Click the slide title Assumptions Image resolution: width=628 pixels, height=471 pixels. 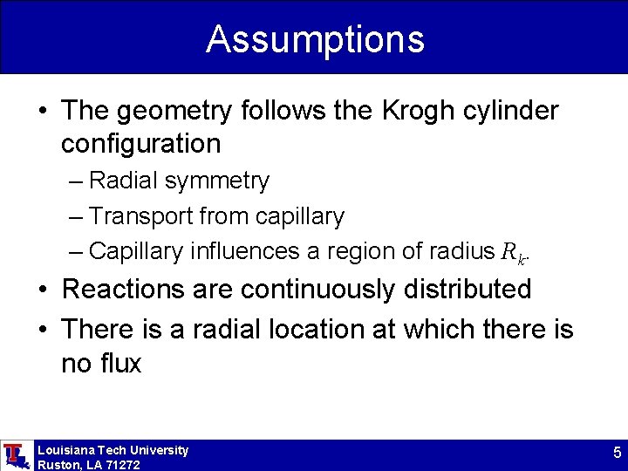[x=315, y=39]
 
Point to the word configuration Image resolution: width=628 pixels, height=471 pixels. [x=140, y=142]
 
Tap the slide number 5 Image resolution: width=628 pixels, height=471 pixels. [x=617, y=454]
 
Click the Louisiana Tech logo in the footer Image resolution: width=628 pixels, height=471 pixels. [x=15, y=455]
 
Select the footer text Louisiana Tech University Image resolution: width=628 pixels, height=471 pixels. [x=113, y=450]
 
